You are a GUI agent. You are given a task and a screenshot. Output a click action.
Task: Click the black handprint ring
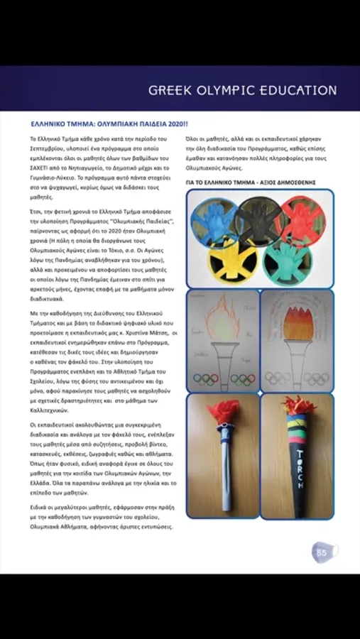pos(259,218)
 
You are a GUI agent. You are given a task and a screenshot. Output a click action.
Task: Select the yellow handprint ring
pos(236,257)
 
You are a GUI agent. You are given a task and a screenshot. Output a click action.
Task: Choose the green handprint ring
pos(286,259)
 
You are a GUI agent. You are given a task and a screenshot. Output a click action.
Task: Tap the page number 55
pos(321,551)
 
